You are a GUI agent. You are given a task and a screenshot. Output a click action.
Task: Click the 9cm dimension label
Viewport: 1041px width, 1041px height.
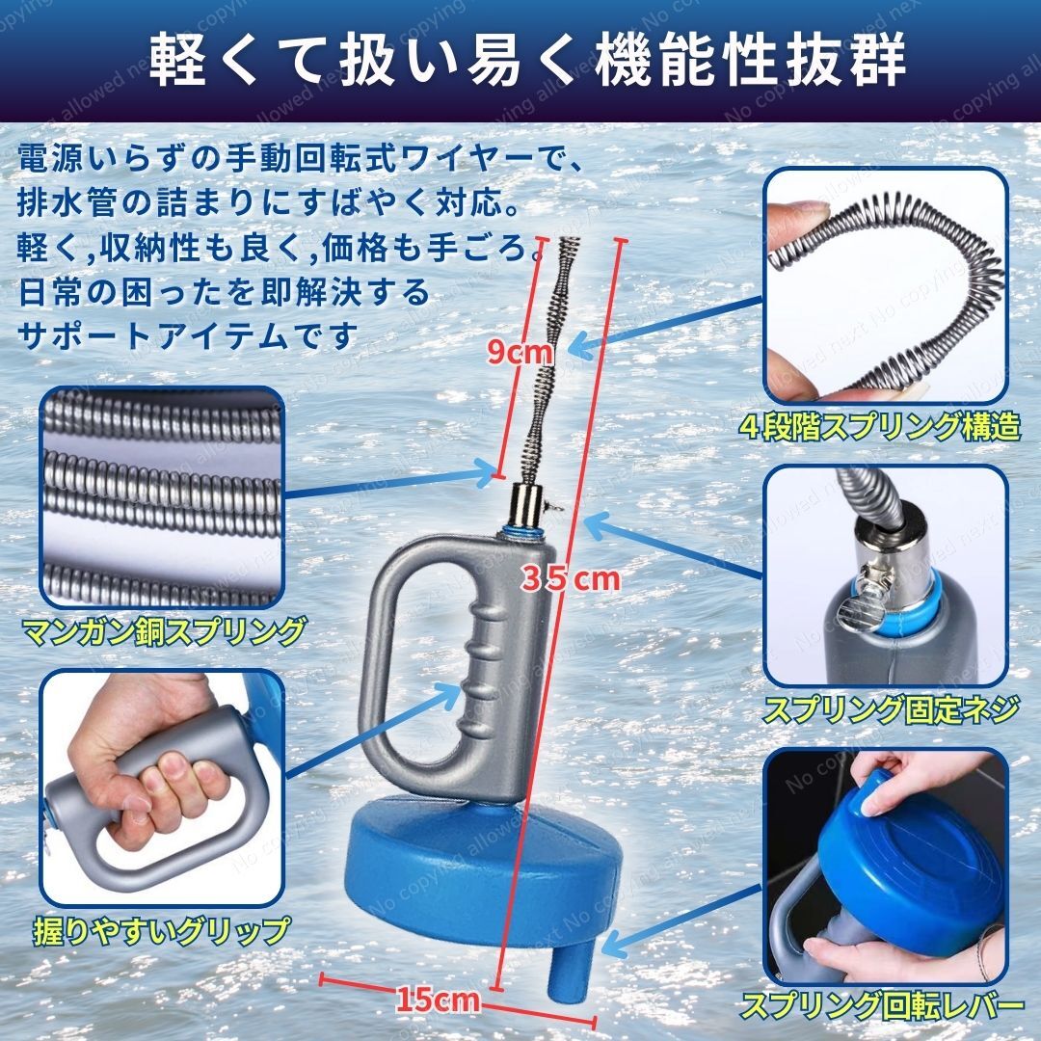[x=520, y=352]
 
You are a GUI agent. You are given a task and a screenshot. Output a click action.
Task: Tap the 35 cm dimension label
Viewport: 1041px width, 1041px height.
[x=571, y=578]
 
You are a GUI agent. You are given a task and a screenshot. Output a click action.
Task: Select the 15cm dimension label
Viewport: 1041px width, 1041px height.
[x=439, y=1000]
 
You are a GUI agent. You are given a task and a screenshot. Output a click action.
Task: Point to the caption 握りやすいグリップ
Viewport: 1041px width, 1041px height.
[x=162, y=930]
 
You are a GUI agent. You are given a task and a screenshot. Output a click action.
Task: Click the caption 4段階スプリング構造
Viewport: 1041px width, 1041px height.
[x=880, y=427]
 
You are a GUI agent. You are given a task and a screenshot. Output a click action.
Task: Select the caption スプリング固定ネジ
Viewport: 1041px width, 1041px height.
[x=891, y=709]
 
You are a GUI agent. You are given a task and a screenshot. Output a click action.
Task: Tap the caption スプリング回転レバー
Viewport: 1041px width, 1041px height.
[x=882, y=1005]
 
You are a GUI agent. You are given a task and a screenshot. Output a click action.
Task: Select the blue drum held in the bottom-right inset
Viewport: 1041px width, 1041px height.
[x=910, y=863]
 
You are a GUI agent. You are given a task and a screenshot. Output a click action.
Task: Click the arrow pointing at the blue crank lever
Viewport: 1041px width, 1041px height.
[x=684, y=921]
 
